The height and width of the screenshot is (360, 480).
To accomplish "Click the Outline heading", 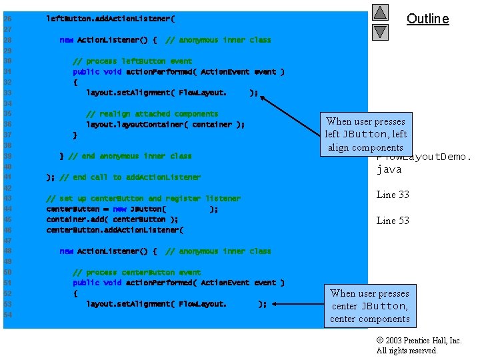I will (427, 19).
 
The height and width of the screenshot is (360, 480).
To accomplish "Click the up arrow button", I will (379, 13).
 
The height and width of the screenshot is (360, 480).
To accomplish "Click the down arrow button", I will (379, 31).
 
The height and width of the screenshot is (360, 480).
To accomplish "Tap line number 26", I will (7, 19).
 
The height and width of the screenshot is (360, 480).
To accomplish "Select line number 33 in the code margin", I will (7, 93).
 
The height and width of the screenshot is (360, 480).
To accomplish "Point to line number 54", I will (7, 315).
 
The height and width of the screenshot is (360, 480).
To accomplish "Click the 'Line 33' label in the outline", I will (393, 195).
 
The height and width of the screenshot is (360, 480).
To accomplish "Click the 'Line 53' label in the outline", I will (393, 221).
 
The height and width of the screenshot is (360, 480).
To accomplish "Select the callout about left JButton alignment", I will (365, 134).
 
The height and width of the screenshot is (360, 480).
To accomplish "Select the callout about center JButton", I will (369, 306).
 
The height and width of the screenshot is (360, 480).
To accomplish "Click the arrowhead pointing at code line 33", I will (263, 97).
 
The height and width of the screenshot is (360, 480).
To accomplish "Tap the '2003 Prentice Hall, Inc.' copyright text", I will (419, 341).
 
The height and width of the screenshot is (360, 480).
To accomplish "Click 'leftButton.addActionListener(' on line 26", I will (110, 19).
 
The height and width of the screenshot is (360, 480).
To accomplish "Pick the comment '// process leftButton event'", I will (131, 61).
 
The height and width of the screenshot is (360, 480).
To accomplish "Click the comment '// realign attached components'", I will (151, 114).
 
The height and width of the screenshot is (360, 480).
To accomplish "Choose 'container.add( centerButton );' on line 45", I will (112, 219).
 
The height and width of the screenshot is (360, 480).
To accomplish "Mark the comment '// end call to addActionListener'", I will (129, 177).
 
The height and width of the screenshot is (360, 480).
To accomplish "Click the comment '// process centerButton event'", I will (136, 273).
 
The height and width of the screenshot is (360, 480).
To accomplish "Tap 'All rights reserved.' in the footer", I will (407, 351).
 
